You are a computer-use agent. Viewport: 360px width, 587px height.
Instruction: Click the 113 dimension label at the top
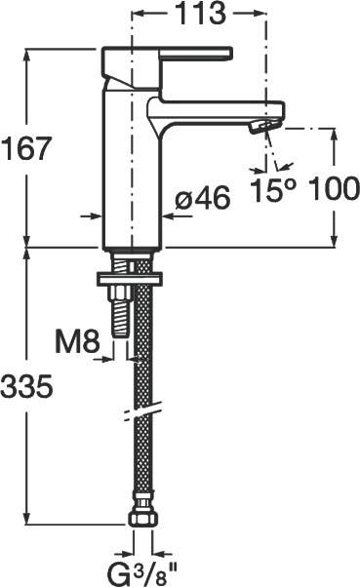click(200, 14)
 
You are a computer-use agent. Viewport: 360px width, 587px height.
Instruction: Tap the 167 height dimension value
click(25, 148)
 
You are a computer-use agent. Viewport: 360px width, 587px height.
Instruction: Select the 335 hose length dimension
click(26, 387)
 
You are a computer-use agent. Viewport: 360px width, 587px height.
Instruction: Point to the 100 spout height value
click(335, 188)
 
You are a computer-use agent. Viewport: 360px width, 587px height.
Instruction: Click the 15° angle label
click(273, 190)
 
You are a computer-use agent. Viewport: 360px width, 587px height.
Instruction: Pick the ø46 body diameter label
click(203, 198)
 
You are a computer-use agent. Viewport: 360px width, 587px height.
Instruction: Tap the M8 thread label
click(77, 341)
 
